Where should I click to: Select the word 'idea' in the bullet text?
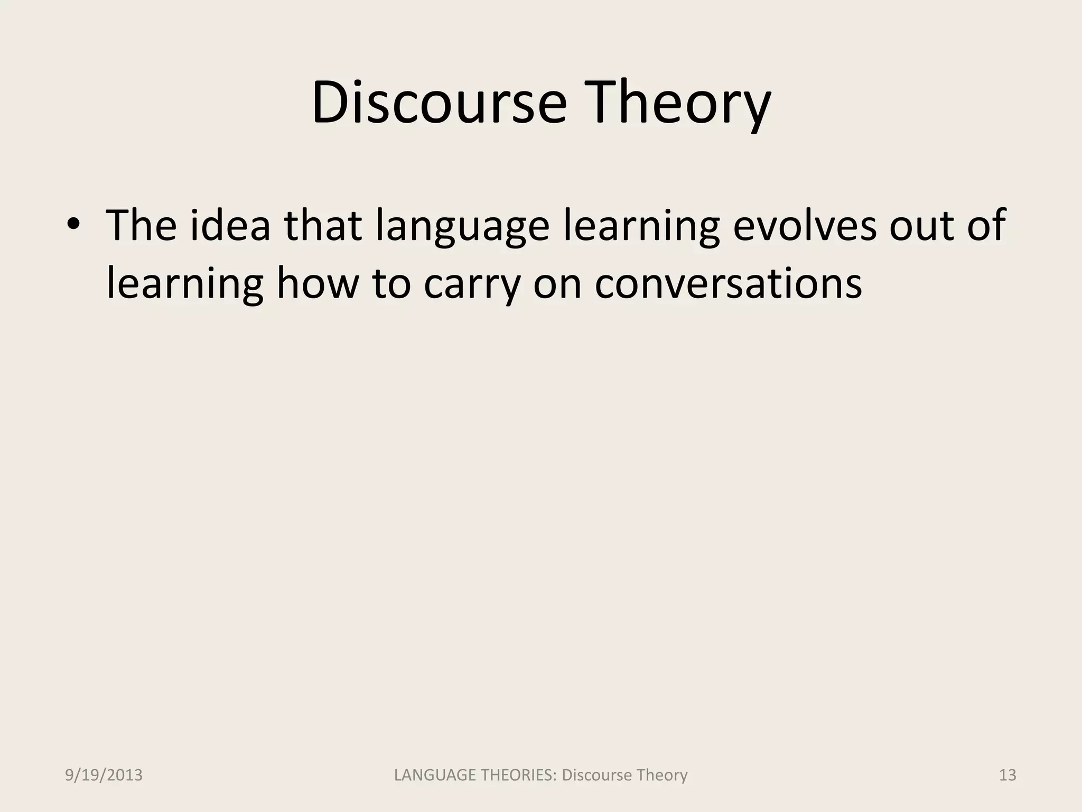coord(230,225)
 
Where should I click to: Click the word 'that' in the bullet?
coord(323,225)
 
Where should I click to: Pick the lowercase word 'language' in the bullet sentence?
coord(462,227)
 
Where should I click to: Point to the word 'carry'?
coord(472,285)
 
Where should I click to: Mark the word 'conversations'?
coord(729,283)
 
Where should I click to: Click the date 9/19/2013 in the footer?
coord(104,776)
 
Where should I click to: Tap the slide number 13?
coord(1008,776)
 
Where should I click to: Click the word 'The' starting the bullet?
coord(142,225)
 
